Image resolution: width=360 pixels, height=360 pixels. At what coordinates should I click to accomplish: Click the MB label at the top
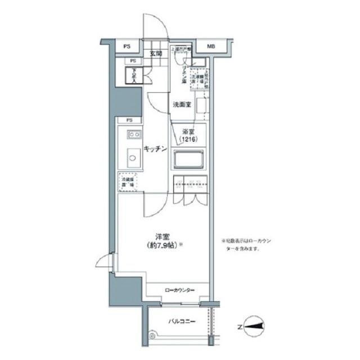[210, 46]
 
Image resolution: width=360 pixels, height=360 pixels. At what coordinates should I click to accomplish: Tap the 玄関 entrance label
[156, 54]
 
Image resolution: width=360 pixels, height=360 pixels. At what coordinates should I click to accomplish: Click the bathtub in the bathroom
[188, 160]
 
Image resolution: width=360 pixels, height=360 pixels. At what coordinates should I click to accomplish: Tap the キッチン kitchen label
[155, 149]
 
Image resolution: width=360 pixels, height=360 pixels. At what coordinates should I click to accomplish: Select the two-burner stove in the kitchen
[133, 134]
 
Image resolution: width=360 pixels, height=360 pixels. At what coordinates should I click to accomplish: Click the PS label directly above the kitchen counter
[129, 120]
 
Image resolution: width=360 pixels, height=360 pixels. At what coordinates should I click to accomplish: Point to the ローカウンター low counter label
[179, 290]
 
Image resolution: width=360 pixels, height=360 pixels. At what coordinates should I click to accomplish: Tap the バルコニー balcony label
[182, 321]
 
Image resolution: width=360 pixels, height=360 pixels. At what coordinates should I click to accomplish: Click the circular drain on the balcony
[151, 335]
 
